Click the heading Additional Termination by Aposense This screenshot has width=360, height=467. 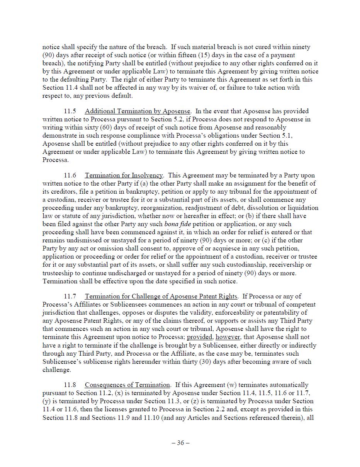(x=138, y=111)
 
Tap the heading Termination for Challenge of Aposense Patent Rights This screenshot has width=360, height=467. (x=161, y=297)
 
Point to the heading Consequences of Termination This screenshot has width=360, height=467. (x=127, y=385)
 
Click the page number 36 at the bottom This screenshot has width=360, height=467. (x=180, y=443)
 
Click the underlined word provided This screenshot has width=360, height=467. (x=199, y=337)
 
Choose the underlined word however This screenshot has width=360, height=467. (x=228, y=337)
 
